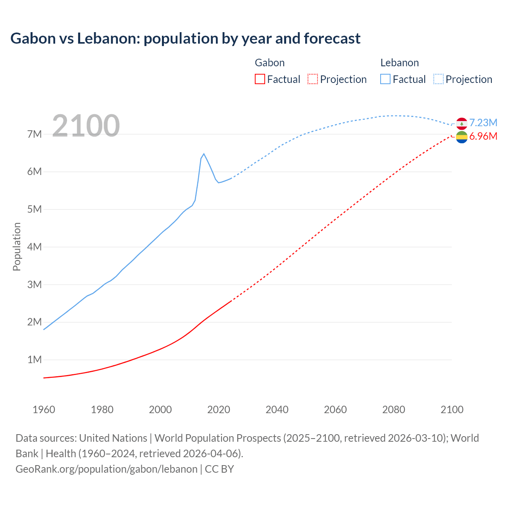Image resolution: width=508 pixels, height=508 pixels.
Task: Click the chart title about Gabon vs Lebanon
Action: pos(185,38)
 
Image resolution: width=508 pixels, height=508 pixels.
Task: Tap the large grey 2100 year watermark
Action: pos(86,126)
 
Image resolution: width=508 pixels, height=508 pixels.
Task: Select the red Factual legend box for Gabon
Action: pos(260,79)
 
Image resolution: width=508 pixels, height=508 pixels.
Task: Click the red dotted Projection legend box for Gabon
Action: pos(312,79)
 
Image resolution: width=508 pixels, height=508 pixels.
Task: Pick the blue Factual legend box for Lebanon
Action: pos(385,79)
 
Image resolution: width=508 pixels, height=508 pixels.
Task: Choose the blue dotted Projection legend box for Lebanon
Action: pos(438,79)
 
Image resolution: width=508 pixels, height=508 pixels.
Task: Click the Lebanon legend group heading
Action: pos(399,63)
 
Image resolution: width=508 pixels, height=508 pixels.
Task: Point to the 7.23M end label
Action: pos(483,123)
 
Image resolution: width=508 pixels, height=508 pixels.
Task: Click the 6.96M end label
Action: pos(483,136)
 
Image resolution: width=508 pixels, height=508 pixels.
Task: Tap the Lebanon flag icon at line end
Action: pos(462,123)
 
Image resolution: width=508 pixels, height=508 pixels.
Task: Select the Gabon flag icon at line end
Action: pos(462,137)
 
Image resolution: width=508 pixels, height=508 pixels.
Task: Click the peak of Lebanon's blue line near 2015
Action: pos(204,154)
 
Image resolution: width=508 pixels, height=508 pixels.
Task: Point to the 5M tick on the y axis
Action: pos(35,209)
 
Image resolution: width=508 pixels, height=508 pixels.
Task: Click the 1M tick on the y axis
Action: pos(35,360)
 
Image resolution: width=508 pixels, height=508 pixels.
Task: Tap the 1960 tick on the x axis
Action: pos(44,410)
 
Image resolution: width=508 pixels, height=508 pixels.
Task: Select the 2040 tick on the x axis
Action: pos(277,410)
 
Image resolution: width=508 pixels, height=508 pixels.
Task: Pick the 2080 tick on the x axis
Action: pos(394,410)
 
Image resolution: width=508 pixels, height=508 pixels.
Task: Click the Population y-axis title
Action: pos(17,246)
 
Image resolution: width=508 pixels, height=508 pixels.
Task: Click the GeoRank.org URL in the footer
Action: pos(106,469)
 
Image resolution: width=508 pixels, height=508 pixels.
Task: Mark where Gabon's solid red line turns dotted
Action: pos(231,301)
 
